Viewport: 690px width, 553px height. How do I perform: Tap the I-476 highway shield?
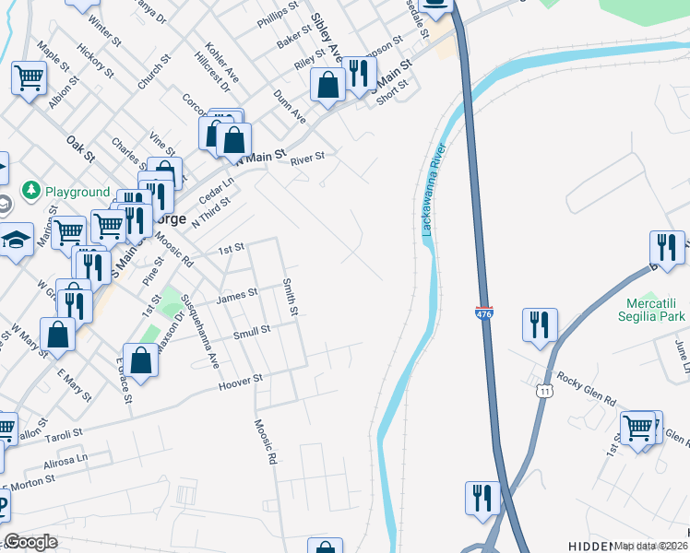click(x=485, y=314)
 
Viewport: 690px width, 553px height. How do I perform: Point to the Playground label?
click(x=77, y=192)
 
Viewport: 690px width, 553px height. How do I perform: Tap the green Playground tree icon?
click(x=30, y=191)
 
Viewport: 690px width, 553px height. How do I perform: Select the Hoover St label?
click(x=241, y=378)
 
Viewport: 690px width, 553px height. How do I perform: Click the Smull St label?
click(x=251, y=332)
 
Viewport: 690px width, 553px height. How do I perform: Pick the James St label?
click(x=235, y=295)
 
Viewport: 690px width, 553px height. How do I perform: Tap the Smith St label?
click(x=290, y=296)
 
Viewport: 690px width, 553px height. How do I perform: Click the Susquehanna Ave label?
click(x=199, y=322)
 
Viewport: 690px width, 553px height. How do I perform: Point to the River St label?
click(x=307, y=159)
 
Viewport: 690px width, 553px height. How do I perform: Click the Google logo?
click(x=30, y=542)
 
